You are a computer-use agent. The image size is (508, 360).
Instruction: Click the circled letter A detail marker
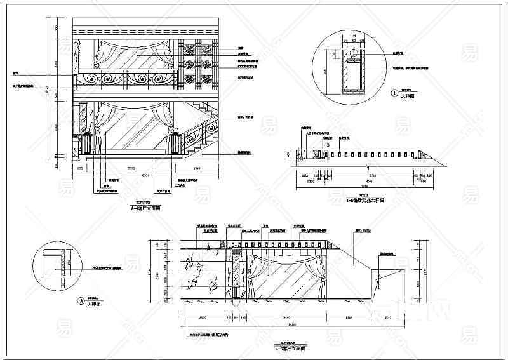(79, 301)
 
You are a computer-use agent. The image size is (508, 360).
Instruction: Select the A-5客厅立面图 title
(290, 349)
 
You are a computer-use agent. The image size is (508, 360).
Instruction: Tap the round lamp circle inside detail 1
(352, 59)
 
